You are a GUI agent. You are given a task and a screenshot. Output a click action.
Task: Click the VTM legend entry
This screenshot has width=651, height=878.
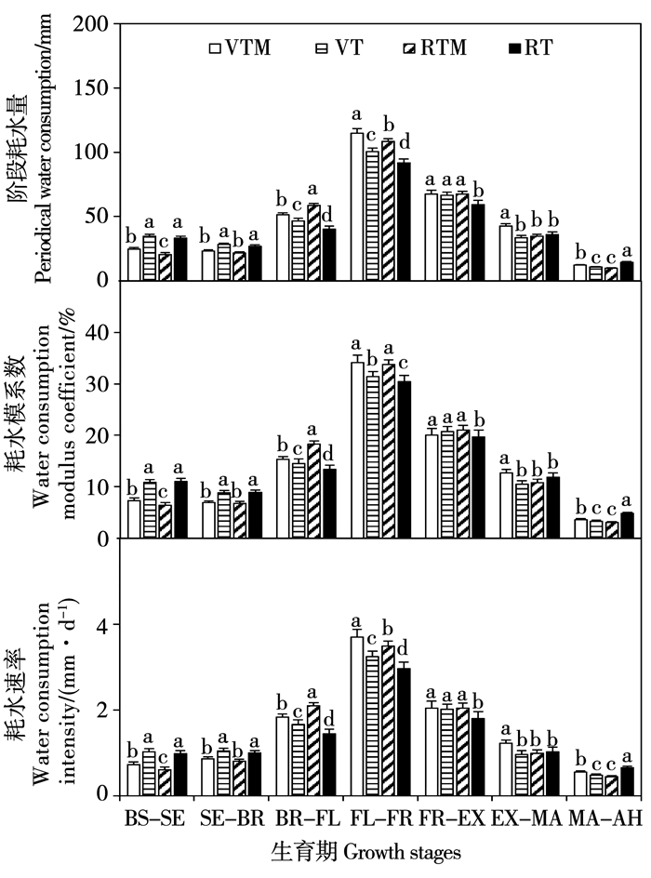tap(240, 47)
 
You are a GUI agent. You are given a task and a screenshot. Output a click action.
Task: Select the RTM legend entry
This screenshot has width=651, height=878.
tap(435, 47)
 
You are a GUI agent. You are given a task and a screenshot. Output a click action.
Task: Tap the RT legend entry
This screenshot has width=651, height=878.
tap(531, 47)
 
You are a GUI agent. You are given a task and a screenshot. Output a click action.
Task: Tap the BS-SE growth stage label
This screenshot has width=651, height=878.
tap(154, 818)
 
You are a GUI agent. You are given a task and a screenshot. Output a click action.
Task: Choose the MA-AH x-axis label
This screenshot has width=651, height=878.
tap(605, 818)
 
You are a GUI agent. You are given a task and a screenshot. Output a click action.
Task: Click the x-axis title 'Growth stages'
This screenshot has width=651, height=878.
tap(402, 853)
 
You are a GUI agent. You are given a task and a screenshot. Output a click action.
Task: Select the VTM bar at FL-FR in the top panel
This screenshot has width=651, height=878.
tap(357, 206)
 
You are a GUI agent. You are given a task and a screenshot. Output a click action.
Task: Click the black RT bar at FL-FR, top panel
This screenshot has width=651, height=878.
tap(404, 221)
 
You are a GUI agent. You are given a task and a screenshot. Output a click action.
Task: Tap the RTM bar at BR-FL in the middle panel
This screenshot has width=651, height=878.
tap(313, 491)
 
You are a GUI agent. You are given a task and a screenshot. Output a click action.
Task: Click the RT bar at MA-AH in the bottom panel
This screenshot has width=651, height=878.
tap(628, 781)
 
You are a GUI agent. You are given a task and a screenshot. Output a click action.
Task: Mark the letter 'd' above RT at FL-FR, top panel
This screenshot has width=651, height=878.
tap(405, 142)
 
